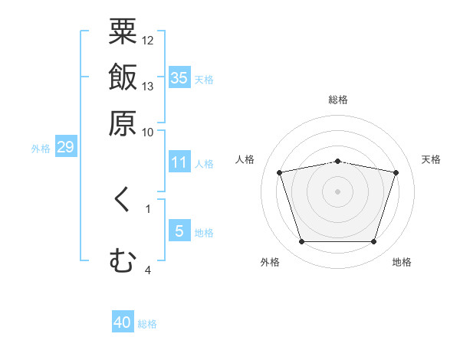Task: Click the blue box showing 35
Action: click(179, 77)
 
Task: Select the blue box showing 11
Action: click(179, 162)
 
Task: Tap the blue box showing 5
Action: click(179, 231)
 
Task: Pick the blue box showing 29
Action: click(65, 147)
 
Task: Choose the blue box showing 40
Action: click(123, 322)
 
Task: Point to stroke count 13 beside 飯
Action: click(148, 86)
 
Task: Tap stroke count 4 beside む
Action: click(148, 270)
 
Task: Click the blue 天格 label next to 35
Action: click(204, 80)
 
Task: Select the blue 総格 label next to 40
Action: click(147, 324)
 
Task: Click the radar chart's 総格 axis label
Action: click(338, 100)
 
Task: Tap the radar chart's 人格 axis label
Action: click(245, 159)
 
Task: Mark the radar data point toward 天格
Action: click(396, 173)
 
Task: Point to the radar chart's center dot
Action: click(338, 191)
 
